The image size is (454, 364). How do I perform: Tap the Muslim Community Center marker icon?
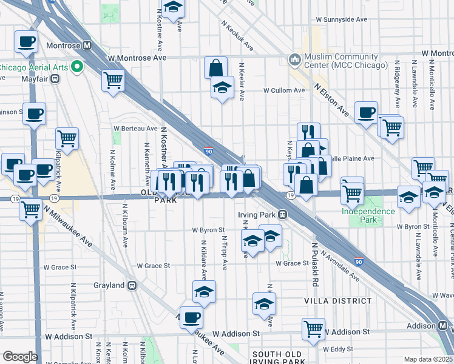pos(296,59)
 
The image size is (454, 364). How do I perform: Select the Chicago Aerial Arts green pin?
pos(77,66)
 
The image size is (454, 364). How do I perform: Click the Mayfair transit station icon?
pos(55,78)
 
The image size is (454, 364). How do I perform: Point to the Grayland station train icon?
pos(131,285)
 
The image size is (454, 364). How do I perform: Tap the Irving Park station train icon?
pos(282,215)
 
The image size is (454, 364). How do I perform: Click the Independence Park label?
pos(368,211)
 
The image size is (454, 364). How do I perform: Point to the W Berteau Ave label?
pos(135,129)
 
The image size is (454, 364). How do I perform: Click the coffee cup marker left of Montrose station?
pos(26,42)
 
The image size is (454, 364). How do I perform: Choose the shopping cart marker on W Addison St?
pos(313,329)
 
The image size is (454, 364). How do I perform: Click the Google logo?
pos(20,357)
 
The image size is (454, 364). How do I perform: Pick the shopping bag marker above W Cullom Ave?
pos(215,67)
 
